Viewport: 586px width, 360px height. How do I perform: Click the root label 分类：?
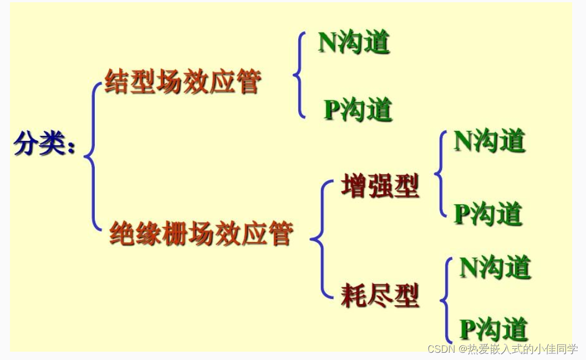tap(44, 143)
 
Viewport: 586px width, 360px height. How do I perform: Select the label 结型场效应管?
tap(183, 82)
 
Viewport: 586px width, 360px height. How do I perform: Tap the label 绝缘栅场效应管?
tap(201, 233)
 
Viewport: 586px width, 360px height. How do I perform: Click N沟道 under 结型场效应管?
tap(354, 42)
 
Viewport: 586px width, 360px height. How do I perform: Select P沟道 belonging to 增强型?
tap(488, 214)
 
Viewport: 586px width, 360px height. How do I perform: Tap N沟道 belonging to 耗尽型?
tap(495, 267)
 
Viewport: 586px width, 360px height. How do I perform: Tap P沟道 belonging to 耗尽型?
tap(493, 329)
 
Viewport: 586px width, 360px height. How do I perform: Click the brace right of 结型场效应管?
tap(300, 75)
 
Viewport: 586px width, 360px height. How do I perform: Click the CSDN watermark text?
tap(502, 349)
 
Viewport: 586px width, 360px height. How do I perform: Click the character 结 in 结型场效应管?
tap(117, 82)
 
